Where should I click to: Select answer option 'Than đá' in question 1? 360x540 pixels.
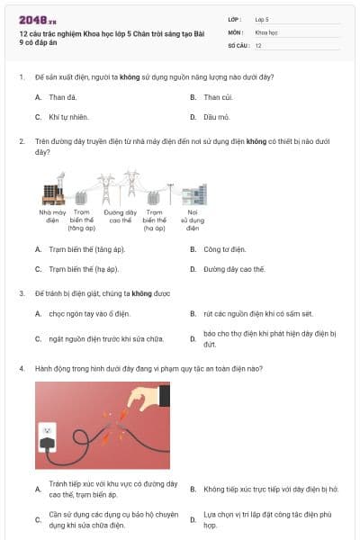coord(62,96)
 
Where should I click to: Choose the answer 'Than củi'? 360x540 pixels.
coord(219,96)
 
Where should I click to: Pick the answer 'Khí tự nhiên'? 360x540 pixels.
coord(68,117)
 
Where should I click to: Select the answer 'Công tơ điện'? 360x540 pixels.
coord(224,248)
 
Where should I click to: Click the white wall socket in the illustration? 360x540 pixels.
coord(46,436)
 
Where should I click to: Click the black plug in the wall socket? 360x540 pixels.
coord(44,441)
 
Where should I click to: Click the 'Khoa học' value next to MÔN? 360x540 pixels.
coord(266,31)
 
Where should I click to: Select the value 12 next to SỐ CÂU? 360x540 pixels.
coord(258,45)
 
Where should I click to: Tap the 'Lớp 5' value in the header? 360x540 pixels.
coord(262,18)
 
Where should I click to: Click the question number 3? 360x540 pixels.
coord(21,293)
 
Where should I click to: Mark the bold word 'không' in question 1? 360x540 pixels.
coord(129,77)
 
